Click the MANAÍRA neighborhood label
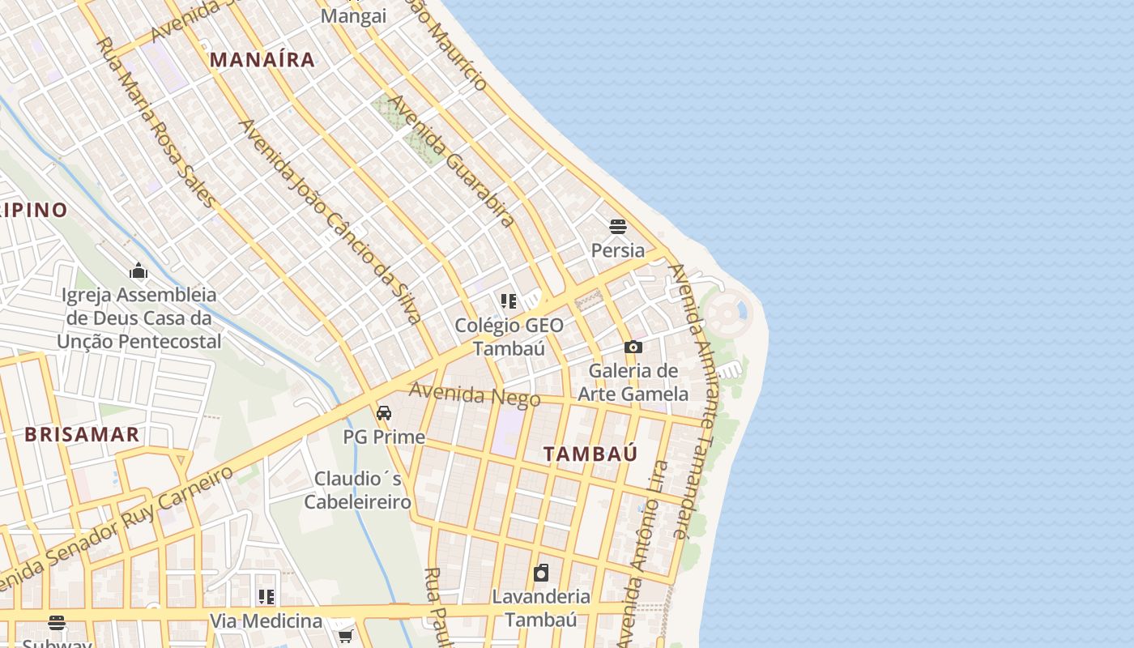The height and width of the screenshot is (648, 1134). point(262,59)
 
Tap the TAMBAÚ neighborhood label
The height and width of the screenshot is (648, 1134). point(590,454)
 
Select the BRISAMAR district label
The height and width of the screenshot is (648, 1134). point(82,434)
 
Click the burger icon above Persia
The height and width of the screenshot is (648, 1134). point(618,226)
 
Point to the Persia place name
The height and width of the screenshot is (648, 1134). point(618,250)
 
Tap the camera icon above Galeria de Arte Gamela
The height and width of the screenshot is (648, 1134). point(633,347)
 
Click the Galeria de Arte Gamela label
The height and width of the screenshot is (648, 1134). point(633,382)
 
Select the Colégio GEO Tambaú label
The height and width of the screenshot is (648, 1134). point(509,337)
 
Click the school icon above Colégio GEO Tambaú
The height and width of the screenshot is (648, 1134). point(509,302)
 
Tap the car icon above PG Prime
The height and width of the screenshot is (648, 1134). point(384,412)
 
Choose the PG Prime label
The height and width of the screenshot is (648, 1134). point(384,437)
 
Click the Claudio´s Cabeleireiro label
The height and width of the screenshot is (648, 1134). point(358,490)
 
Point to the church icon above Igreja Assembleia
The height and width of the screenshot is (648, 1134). point(139,270)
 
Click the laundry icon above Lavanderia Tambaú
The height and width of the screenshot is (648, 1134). point(541,573)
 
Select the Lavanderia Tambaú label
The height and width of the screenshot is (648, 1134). point(541,608)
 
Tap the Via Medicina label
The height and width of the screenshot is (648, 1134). point(266,621)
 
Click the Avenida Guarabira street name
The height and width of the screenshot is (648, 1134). point(451,160)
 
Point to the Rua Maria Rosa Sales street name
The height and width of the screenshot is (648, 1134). point(156,122)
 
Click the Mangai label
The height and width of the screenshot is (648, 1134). point(353,16)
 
